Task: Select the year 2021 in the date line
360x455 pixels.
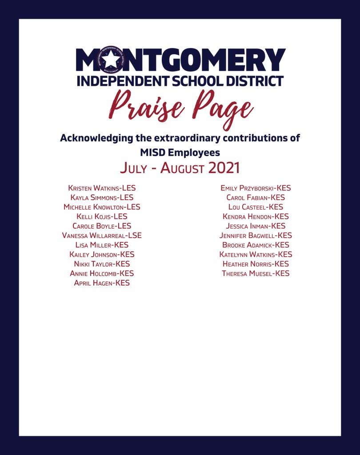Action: (218, 168)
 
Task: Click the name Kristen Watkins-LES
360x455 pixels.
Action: (102, 188)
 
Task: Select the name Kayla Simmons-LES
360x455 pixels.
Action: (102, 197)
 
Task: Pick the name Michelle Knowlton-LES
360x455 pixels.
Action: (102, 207)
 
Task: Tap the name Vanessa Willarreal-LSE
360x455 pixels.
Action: (102, 235)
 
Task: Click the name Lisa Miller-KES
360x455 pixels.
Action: (102, 245)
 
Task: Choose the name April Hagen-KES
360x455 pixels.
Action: (102, 283)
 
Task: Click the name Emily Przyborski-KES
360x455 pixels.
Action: (256, 188)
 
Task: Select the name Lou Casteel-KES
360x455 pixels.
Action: (256, 207)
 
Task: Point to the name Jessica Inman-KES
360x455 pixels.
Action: (256, 226)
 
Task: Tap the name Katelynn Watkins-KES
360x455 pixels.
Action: (256, 254)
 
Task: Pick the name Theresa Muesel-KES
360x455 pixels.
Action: (256, 274)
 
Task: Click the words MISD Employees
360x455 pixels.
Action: (180, 153)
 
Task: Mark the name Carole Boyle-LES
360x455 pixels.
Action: (102, 226)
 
